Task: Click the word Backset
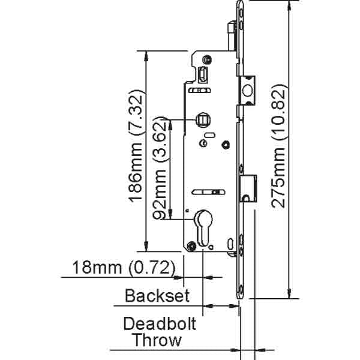[157, 295]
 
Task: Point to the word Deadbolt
[160, 324]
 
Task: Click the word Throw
[157, 341]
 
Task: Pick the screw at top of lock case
[206, 59]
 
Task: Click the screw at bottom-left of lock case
[191, 245]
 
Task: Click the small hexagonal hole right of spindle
[225, 144]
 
